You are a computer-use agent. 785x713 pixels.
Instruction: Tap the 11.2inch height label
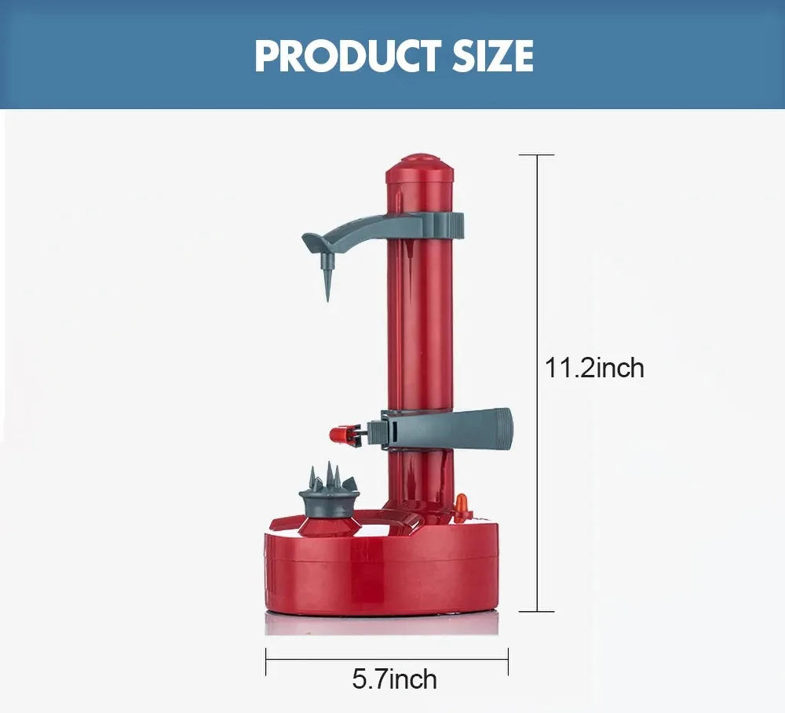point(594,367)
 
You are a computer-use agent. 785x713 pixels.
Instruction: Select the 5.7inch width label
point(394,678)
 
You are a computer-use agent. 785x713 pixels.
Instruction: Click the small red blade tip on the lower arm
point(339,432)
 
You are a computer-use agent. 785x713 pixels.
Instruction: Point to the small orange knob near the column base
point(462,502)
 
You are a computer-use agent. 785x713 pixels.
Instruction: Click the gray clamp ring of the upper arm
point(440,224)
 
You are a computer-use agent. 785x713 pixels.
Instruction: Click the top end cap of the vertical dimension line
point(537,155)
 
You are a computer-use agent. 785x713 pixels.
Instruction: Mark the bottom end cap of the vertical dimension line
point(537,611)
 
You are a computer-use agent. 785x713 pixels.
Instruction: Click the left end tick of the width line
point(266,660)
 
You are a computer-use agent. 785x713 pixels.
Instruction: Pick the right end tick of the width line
point(508,660)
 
